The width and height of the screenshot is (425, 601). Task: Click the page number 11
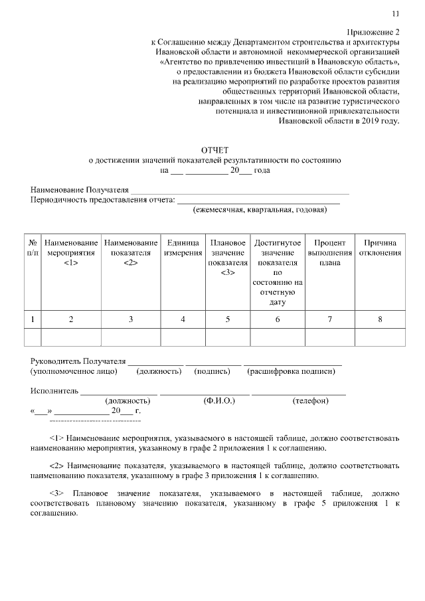point(396,13)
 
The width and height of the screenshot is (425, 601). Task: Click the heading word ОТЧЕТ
point(215,150)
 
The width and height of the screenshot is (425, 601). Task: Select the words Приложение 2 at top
point(374,32)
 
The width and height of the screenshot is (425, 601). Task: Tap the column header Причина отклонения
point(380,248)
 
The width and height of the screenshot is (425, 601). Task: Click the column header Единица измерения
point(183,248)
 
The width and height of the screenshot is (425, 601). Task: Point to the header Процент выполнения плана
point(330,252)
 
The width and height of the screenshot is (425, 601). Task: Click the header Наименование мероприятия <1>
point(71,252)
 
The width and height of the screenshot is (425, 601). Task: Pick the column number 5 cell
point(228,319)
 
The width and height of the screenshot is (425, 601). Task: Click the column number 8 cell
point(380,319)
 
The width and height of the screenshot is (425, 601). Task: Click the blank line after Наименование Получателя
point(239,192)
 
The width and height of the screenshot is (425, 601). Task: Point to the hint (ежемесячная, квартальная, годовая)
point(260,210)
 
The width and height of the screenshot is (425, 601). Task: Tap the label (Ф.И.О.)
point(216,401)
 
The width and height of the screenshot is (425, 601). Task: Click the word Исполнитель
point(54,390)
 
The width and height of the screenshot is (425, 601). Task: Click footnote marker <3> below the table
point(56,495)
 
